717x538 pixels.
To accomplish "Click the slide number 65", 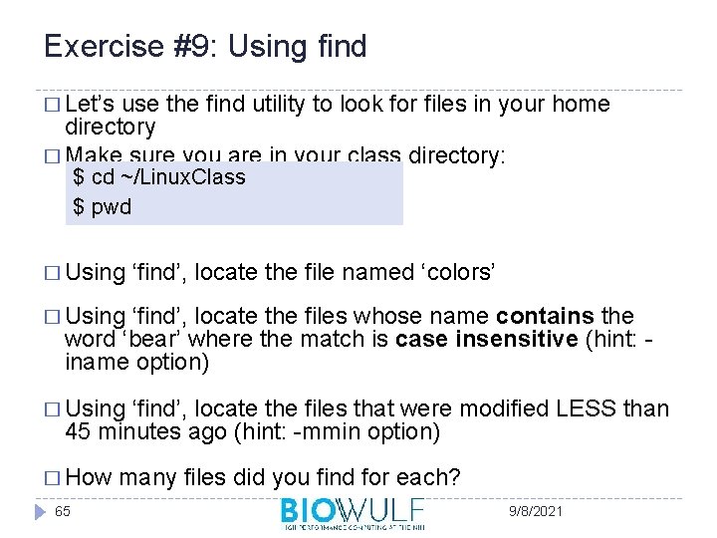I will pyautogui.click(x=63, y=510).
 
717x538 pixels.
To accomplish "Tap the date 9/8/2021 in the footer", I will pyautogui.click(x=535, y=510).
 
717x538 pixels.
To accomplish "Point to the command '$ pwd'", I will pyautogui.click(x=103, y=207).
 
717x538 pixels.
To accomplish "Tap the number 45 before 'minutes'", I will pyautogui.click(x=78, y=430).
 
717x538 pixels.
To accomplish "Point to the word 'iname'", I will pyautogui.click(x=93, y=361).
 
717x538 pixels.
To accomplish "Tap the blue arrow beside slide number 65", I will pyautogui.click(x=39, y=511).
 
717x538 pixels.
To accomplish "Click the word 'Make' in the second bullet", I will pyautogui.click(x=93, y=155).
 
